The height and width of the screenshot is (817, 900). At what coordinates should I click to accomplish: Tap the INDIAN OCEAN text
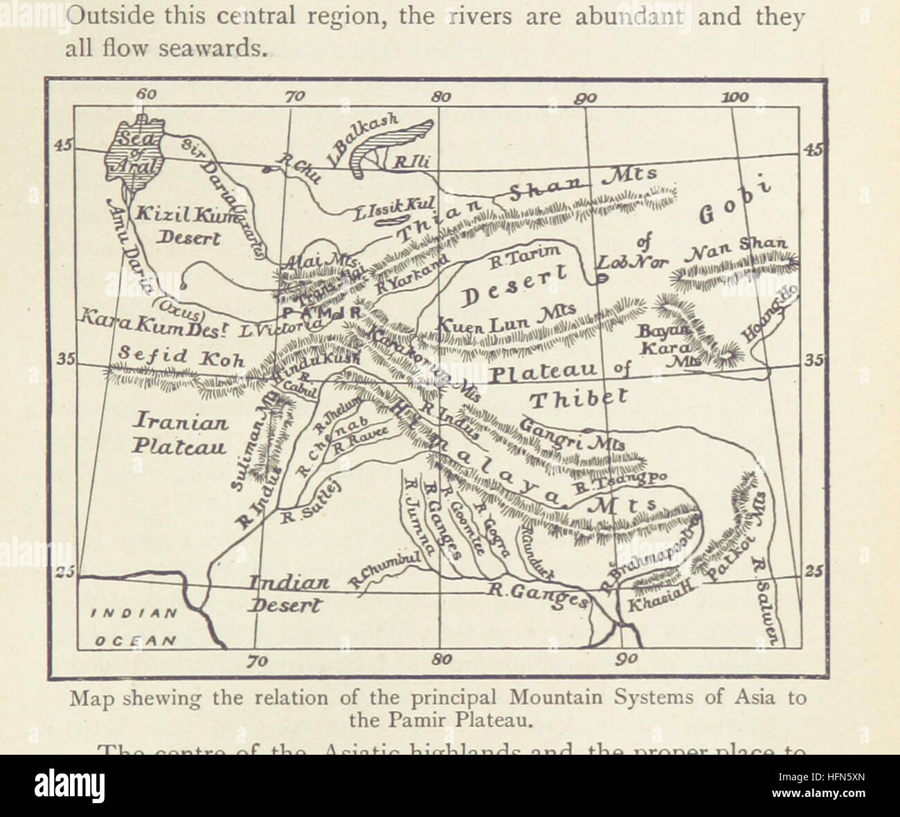(x=134, y=627)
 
